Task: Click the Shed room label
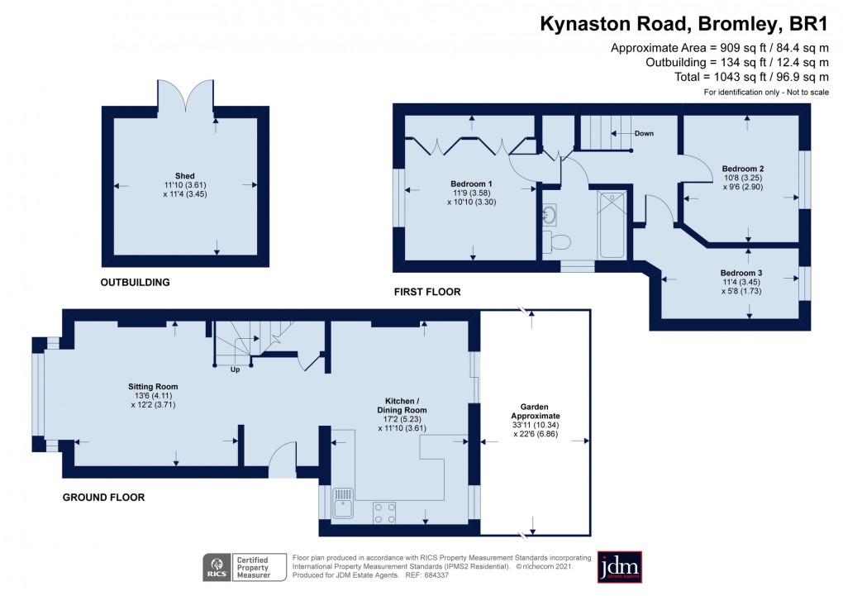click(185, 175)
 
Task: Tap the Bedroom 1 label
click(471, 184)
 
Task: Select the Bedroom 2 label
click(741, 167)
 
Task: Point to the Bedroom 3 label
click(741, 273)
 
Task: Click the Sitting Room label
click(153, 386)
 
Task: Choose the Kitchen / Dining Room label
click(402, 404)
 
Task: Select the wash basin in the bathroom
click(550, 216)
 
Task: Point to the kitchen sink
click(343, 502)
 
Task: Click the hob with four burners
click(384, 512)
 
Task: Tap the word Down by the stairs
click(644, 133)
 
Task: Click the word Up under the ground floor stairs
click(235, 370)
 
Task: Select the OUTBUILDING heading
click(135, 282)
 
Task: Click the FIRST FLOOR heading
click(427, 292)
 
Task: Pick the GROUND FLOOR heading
click(104, 498)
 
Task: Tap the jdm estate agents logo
click(619, 566)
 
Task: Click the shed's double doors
click(186, 96)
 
